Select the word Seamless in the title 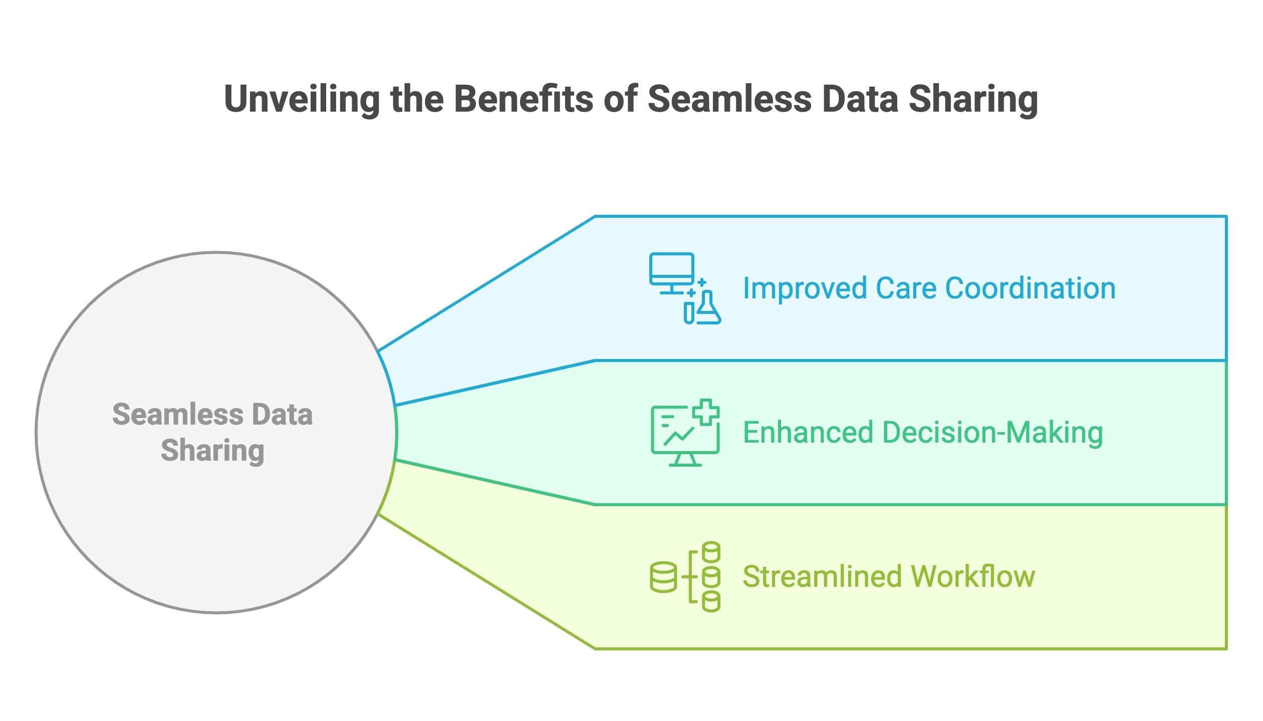pyautogui.click(x=729, y=99)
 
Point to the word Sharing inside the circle pyautogui.click(x=212, y=451)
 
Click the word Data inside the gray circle pyautogui.click(x=282, y=415)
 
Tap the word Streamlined pyautogui.click(x=822, y=576)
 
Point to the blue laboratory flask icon pyautogui.click(x=708, y=308)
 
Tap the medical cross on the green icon pyautogui.click(x=706, y=412)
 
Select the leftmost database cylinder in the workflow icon pyautogui.click(x=663, y=577)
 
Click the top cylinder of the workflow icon pyautogui.click(x=711, y=552)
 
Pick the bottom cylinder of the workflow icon pyautogui.click(x=711, y=601)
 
